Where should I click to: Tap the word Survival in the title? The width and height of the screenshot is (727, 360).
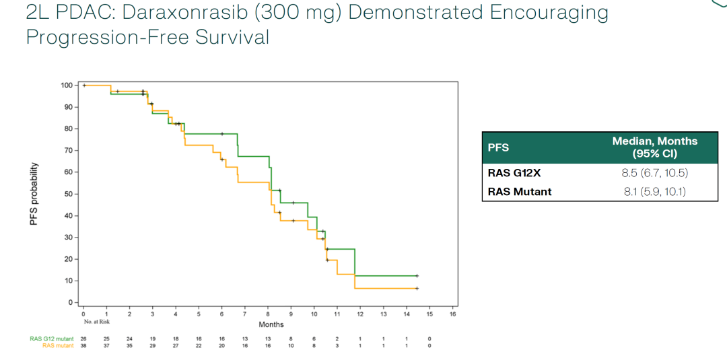(x=232, y=37)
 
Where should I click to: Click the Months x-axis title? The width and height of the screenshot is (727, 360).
(x=271, y=324)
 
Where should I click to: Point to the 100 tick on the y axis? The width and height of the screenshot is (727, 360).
(x=65, y=85)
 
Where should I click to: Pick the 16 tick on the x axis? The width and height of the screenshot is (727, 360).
(x=452, y=314)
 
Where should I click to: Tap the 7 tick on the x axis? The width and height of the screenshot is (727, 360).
(x=245, y=314)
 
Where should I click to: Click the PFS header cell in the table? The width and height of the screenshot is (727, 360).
(x=498, y=147)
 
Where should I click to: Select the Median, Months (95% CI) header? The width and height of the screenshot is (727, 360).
(x=654, y=147)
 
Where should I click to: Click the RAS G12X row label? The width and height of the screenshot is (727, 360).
(x=514, y=174)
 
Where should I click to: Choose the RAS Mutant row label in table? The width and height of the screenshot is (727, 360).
(x=519, y=192)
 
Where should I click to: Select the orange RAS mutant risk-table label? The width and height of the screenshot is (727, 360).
(x=57, y=345)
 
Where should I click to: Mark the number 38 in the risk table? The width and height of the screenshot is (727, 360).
(x=83, y=345)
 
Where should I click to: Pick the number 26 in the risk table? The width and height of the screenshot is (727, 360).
(x=83, y=338)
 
